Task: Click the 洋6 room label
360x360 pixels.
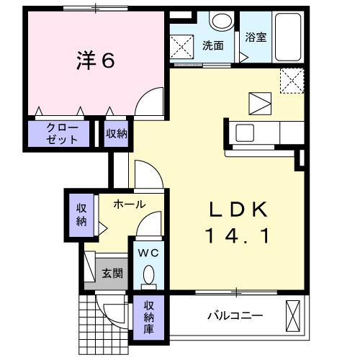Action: (x=96, y=60)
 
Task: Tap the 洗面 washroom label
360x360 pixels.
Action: (x=213, y=45)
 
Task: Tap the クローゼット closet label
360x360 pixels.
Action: (x=61, y=133)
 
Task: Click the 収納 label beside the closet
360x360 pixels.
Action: (x=117, y=133)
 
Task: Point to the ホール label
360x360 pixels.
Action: (x=130, y=204)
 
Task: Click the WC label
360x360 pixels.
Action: (x=148, y=253)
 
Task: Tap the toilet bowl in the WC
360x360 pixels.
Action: (x=149, y=274)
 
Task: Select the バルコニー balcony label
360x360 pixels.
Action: (x=235, y=316)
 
